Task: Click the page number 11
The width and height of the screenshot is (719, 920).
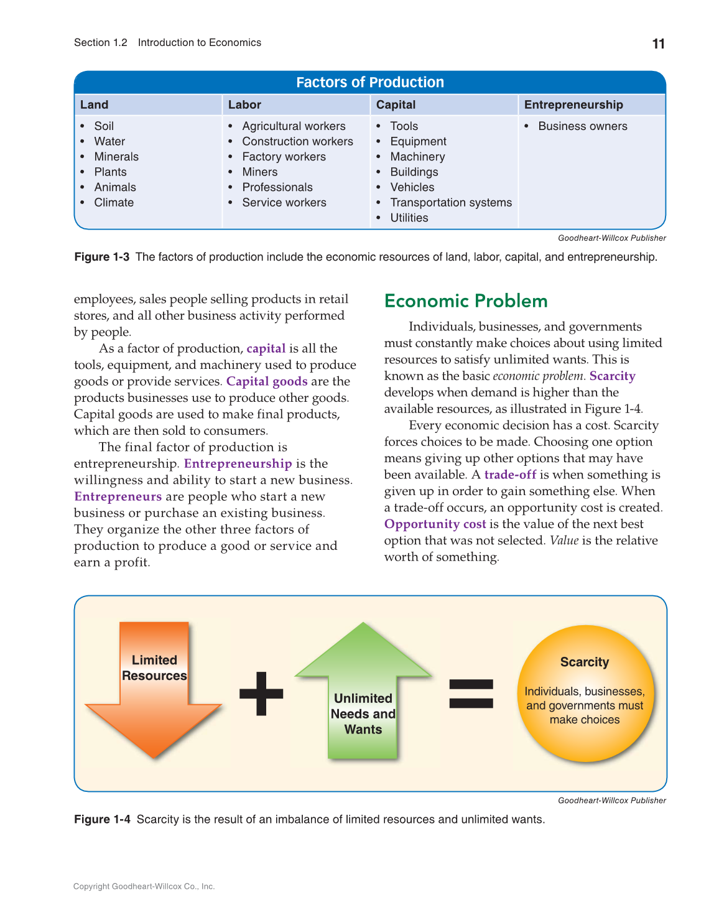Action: pos(658,44)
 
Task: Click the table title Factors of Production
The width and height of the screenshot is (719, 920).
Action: pos(370,82)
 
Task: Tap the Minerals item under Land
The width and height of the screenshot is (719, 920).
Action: pos(116,157)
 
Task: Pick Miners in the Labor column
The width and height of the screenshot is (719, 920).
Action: pos(259,172)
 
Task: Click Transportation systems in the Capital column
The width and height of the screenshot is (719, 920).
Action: pos(451,202)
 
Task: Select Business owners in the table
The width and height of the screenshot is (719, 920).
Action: pos(582,126)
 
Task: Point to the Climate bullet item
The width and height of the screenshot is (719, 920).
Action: pos(114,202)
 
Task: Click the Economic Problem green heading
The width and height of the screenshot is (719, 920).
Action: pos(466,301)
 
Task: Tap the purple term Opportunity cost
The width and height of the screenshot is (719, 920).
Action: pos(435,524)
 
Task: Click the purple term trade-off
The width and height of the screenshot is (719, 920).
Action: pos(510,475)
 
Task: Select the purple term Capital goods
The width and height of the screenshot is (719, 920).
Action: pos(267,381)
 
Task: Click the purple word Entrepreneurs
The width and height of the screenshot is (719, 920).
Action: pos(118,496)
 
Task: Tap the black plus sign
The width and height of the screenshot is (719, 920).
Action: pos(261,693)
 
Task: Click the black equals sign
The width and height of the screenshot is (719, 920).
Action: pos(471,694)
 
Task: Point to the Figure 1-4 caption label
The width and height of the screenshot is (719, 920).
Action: pos(102,819)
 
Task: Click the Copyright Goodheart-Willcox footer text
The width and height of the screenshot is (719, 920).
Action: pos(144,886)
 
